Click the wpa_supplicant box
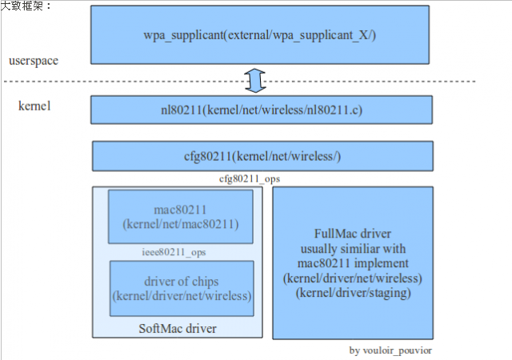point(261,37)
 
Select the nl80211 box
point(261,110)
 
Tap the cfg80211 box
point(261,156)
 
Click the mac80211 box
point(180,216)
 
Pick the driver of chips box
point(182,288)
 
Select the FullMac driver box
point(352,262)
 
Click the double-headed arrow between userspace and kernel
point(254,80)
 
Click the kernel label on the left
point(34,106)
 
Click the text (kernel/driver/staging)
point(352,293)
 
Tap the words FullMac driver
point(352,234)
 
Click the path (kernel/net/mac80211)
point(180,224)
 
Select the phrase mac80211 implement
point(352,263)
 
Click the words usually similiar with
point(352,249)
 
